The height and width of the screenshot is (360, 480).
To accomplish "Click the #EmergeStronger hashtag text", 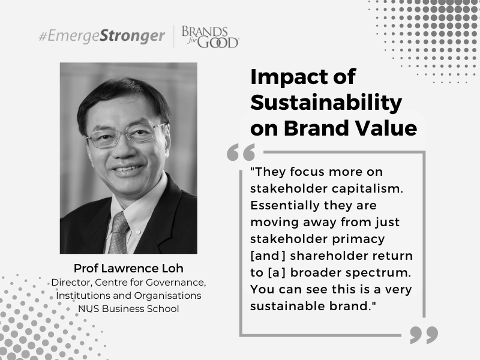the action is click(102, 36).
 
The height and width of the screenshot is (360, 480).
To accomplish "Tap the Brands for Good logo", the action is click(211, 37).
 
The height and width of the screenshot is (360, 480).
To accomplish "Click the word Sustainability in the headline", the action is click(326, 103).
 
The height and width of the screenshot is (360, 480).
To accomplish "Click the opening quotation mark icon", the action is click(241, 152).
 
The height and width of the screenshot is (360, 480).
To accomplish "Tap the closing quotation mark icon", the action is click(424, 335).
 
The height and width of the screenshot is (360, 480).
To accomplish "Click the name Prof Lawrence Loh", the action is click(128, 268).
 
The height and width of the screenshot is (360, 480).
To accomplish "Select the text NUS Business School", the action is click(128, 308).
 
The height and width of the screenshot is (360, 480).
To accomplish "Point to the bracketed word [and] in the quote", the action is click(268, 256).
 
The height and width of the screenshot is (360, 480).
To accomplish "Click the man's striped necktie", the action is click(118, 233).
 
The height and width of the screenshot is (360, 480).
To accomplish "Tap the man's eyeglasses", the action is click(126, 135).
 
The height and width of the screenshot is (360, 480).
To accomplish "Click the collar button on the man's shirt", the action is click(138, 232).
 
